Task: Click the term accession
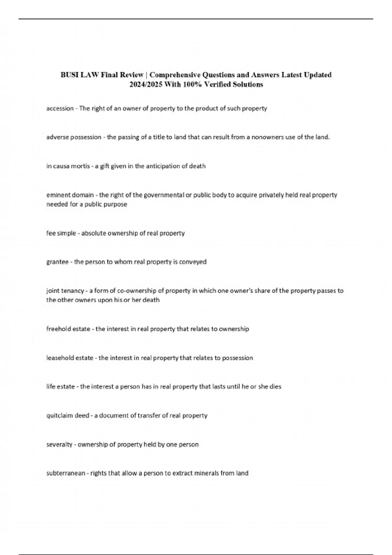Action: pyautogui.click(x=60, y=108)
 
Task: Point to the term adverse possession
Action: pyautogui.click(x=74, y=137)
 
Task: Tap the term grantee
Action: pyautogui.click(x=57, y=262)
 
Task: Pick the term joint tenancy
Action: pyautogui.click(x=65, y=291)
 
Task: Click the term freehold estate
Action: pyautogui.click(x=68, y=329)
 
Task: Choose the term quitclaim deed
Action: pyautogui.click(x=68, y=416)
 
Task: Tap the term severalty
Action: pyautogui.click(x=59, y=444)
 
